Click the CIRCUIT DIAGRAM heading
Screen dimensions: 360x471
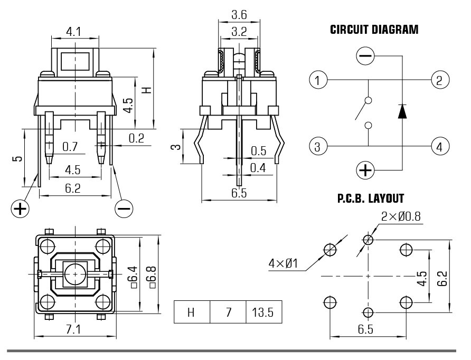374,30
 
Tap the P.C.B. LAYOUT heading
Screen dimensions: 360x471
370,199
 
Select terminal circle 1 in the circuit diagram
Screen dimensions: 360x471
317,80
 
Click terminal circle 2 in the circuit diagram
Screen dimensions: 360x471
439,80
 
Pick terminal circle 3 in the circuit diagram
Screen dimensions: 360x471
317,146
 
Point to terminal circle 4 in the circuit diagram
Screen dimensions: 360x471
439,146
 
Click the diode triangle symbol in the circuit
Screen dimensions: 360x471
402,111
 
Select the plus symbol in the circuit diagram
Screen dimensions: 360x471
365,170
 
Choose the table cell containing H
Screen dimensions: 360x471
192,312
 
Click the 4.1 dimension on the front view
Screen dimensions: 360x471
74,32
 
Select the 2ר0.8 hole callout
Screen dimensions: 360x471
401,216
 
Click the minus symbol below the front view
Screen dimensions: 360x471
125,209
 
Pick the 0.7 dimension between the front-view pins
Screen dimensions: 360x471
70,146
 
